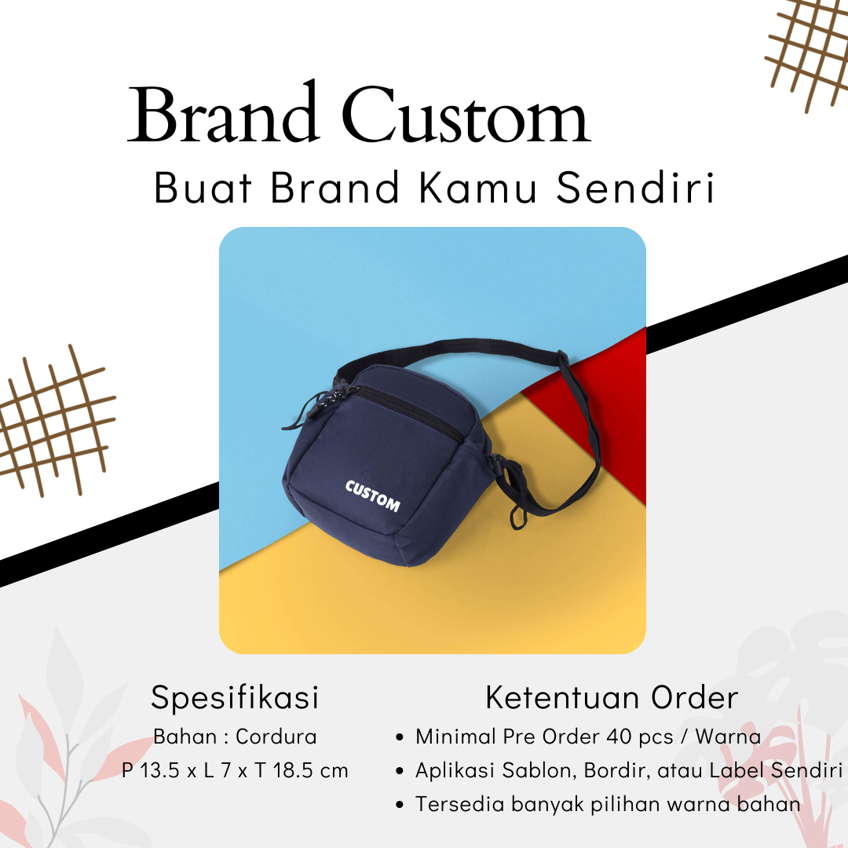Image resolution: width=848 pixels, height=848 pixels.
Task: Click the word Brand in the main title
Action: (x=221, y=112)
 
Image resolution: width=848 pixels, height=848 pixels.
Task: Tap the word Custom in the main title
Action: (x=466, y=114)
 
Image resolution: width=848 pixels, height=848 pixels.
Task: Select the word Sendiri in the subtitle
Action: (x=636, y=187)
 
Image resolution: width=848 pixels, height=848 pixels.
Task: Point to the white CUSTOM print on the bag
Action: (x=373, y=495)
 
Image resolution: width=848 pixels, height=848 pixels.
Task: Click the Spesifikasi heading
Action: (x=236, y=698)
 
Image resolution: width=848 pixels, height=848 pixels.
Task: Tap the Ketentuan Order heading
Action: (x=612, y=697)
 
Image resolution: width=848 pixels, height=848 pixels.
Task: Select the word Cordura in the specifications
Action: (x=276, y=737)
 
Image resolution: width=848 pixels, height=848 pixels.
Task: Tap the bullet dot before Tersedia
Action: (x=400, y=806)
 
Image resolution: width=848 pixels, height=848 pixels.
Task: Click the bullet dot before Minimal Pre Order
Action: (x=400, y=737)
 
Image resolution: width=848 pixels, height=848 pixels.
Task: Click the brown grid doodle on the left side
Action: (x=54, y=421)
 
